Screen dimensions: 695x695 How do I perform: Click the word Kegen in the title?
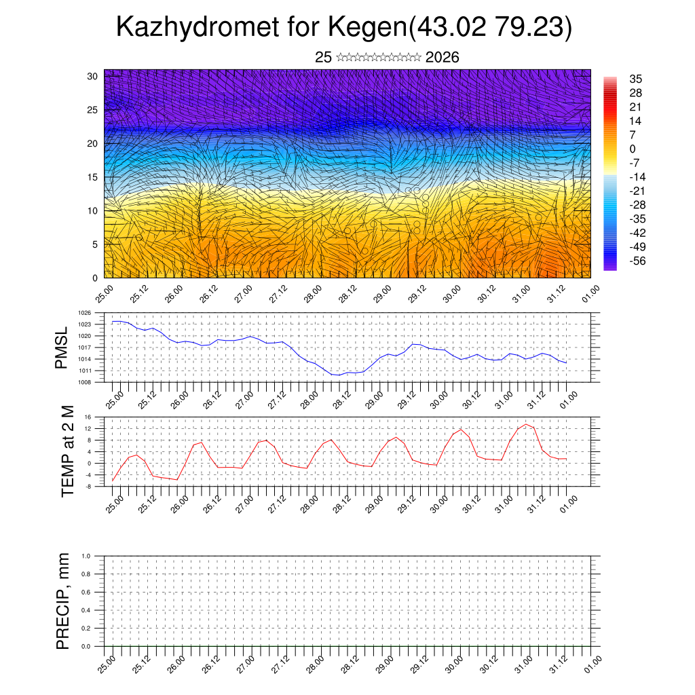[x=367, y=27]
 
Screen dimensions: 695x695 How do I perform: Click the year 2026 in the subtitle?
[x=442, y=58]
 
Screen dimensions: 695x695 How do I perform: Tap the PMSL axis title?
[x=62, y=347]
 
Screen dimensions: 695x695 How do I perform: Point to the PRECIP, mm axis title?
[x=63, y=601]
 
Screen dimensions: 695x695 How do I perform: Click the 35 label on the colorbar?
[x=636, y=79]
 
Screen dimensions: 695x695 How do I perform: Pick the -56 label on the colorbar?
[x=637, y=260]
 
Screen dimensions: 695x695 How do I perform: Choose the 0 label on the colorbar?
[x=633, y=149]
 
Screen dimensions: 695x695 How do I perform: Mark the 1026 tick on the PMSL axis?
[x=84, y=313]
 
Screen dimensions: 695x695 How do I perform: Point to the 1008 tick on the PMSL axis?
[x=84, y=382]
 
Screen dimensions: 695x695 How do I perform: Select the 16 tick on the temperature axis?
[x=88, y=417]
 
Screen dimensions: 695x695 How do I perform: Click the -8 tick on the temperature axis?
[x=88, y=486]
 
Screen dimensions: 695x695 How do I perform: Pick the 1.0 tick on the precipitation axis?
[x=86, y=556]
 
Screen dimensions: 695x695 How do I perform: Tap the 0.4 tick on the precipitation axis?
[x=86, y=610]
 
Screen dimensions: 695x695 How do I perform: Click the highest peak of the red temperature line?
[x=526, y=424]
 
